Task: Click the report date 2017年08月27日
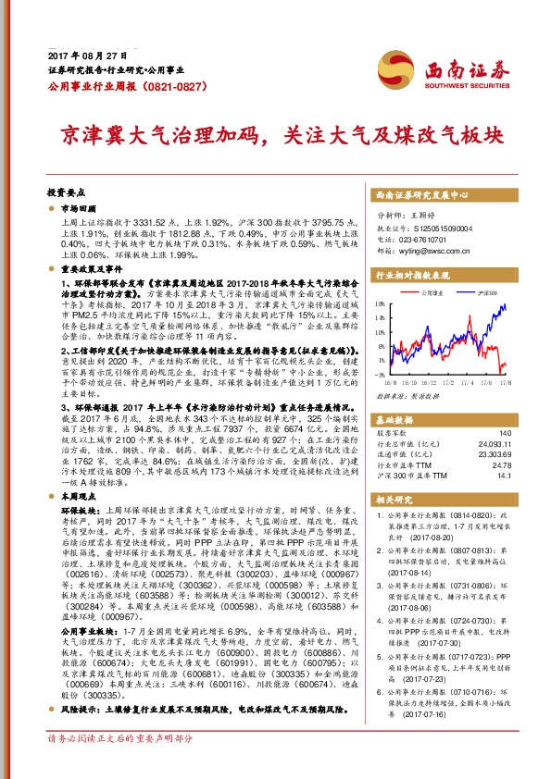tap(81, 56)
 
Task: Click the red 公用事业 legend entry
tap(432, 291)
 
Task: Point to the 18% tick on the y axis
tap(382, 303)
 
